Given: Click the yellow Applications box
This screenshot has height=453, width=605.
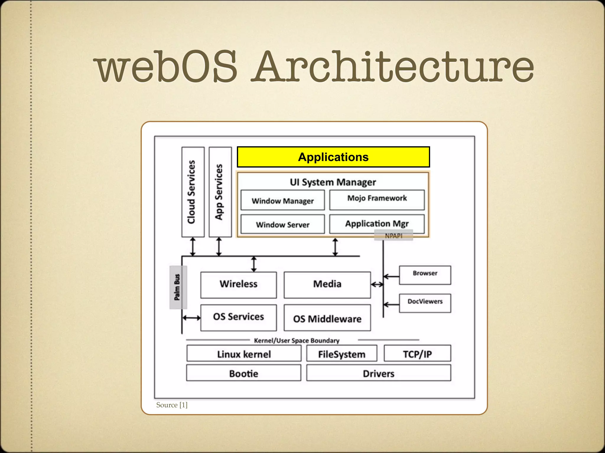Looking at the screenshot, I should pos(333,157).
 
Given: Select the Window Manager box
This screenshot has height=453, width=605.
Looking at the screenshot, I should pos(282,200).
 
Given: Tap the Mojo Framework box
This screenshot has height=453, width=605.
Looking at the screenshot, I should pos(377,200).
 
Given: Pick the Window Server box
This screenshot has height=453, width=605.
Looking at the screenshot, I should pos(282,224).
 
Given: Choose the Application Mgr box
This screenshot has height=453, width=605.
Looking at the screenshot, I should pos(377,223).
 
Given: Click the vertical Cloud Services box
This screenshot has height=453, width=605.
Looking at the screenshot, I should pos(193,192).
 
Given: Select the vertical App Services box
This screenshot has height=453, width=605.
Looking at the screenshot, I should pos(220,192).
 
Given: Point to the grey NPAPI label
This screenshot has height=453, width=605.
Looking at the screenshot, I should pos(393,236).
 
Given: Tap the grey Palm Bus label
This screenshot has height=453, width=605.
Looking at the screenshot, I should pos(178,287).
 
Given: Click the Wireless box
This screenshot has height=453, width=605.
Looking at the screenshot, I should pos(238,284).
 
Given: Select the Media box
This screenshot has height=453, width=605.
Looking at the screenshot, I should pos(327,284).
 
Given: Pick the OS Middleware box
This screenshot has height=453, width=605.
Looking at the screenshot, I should pos(327,318).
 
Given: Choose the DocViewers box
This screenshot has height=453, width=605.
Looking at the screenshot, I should pos(425,303).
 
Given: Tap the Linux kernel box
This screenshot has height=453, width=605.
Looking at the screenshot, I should pos(244,354).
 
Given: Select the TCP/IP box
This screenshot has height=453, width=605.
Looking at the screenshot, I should pos(417,354).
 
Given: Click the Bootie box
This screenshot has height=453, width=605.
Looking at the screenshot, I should pos(243,373).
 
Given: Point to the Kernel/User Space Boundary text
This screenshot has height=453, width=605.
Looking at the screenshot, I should pos(297,340).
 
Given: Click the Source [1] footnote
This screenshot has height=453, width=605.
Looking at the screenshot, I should pos(172,405).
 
